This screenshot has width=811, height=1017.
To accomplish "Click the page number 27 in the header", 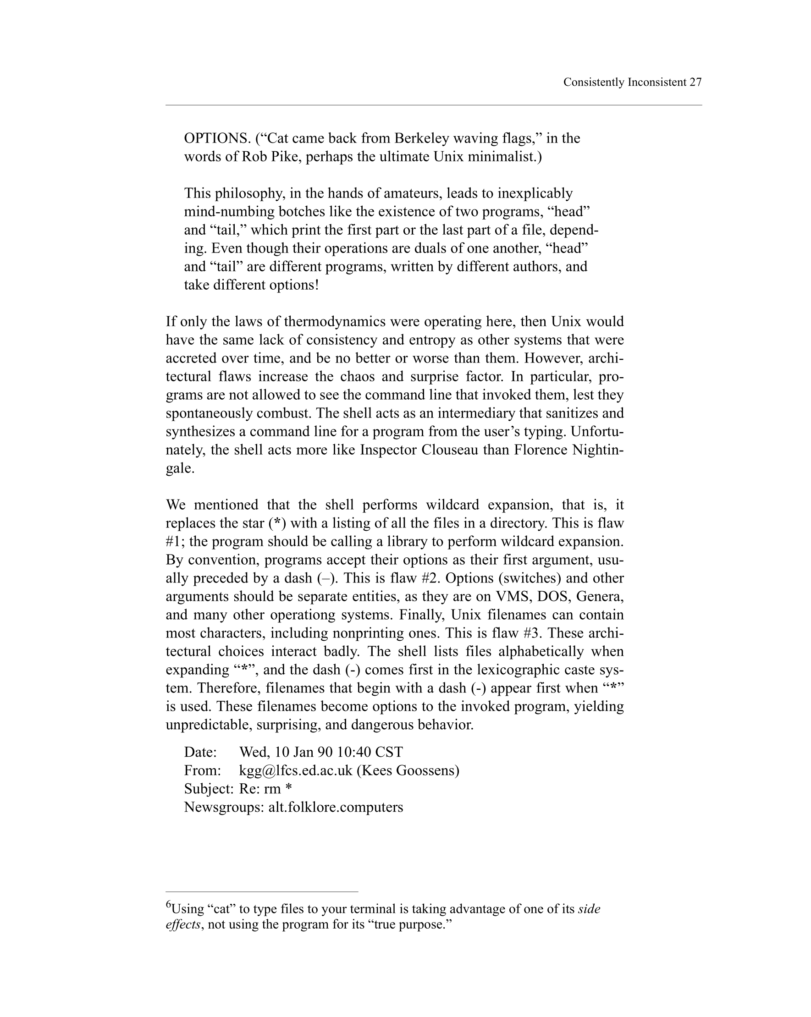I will coord(695,82).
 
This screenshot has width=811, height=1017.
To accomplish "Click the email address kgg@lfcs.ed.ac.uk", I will coord(296,771).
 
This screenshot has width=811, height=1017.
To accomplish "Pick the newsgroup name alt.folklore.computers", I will coord(336,808).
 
